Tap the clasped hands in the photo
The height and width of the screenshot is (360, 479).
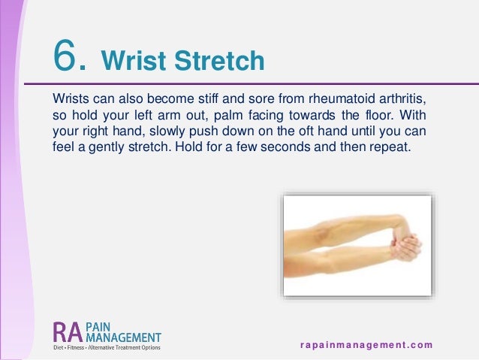pyautogui.click(x=402, y=246)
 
